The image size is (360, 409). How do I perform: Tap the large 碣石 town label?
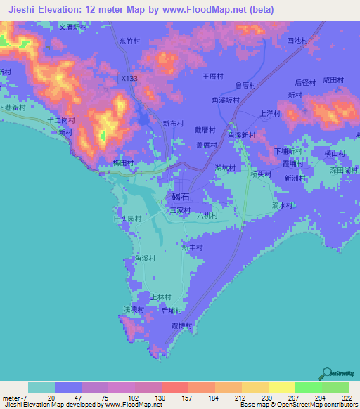[x=180, y=197]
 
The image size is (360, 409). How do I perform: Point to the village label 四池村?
[x=298, y=41]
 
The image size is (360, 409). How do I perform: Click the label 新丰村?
[x=192, y=247]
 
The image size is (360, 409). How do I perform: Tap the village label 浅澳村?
[x=134, y=309]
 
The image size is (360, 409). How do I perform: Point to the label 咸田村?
[x=333, y=82]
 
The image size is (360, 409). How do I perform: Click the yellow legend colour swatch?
[x=255, y=387]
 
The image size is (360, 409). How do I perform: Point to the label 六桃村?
[x=207, y=215]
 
